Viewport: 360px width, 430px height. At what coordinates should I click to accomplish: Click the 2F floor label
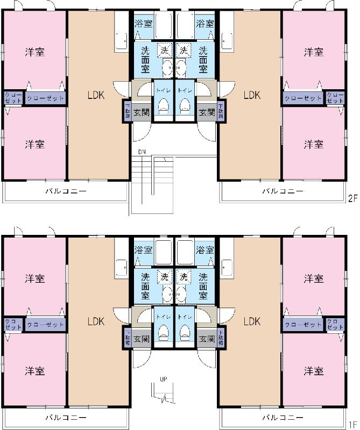point(352,198)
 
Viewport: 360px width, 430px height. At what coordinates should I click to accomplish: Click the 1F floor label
point(352,424)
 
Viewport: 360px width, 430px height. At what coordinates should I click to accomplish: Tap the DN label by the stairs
point(142,152)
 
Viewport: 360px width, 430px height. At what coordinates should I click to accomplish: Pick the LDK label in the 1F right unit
point(251,321)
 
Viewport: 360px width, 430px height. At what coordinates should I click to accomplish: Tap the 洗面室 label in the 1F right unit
point(203,287)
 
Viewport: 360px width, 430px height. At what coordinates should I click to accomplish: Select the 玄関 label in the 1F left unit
point(142,339)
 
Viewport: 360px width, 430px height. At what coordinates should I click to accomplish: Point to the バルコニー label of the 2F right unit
point(283,191)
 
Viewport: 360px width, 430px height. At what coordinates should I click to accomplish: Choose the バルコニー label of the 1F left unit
point(66,417)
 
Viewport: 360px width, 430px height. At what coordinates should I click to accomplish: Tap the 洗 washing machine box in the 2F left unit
point(164,51)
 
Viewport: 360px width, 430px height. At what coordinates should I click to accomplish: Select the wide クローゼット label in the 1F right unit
point(302,325)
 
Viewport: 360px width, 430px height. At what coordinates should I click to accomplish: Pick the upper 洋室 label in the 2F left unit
point(35,52)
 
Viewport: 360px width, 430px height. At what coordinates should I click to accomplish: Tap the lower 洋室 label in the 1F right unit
point(313,371)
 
